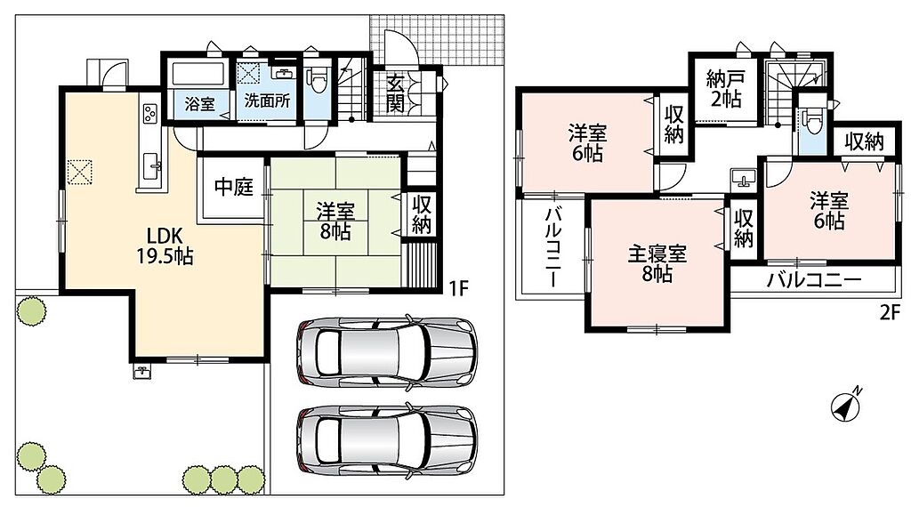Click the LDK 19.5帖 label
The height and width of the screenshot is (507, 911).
click(x=165, y=245)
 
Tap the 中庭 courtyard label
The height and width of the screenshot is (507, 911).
click(x=234, y=187)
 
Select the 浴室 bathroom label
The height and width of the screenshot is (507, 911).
click(x=200, y=104)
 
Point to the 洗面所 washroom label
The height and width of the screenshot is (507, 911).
click(x=267, y=101)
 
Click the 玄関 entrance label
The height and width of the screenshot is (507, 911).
click(x=395, y=93)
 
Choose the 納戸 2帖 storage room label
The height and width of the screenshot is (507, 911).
click(x=724, y=88)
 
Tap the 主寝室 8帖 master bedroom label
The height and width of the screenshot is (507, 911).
click(x=657, y=263)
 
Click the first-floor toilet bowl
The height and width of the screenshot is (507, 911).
click(x=318, y=78)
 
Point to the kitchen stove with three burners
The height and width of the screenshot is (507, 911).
click(x=149, y=113)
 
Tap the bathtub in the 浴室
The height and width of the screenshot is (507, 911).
click(x=198, y=75)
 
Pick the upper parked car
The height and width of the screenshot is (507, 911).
click(x=386, y=352)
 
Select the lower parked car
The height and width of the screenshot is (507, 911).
click(x=386, y=439)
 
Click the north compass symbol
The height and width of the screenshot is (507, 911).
click(x=847, y=405)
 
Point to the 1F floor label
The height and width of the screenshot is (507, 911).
click(x=459, y=288)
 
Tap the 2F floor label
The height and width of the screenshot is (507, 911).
click(x=890, y=312)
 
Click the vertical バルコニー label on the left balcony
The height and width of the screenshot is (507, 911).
click(x=552, y=246)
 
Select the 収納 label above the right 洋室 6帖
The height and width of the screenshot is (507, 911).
click(x=864, y=141)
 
